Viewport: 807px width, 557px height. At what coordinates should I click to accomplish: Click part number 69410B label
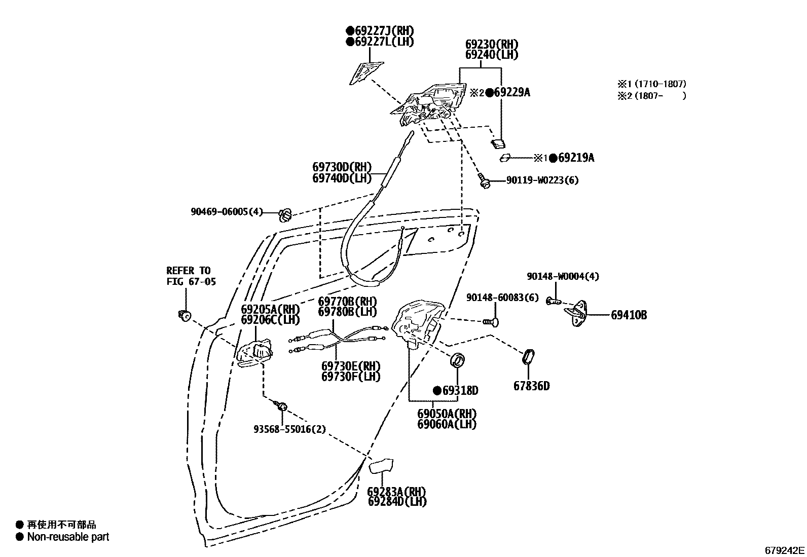[629, 315]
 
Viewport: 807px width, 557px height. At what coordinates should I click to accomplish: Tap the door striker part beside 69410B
[577, 311]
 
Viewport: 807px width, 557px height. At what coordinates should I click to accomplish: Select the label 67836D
[531, 386]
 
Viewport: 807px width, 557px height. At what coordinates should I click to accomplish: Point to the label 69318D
[460, 391]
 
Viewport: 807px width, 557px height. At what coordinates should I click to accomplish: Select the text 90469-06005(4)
[227, 212]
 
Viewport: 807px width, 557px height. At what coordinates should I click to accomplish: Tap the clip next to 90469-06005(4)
[285, 215]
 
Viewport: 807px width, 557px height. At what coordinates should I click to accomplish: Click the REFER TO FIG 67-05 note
[191, 276]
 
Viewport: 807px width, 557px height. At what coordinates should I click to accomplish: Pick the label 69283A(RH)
[396, 492]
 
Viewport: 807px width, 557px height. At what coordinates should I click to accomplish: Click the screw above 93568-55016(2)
[281, 406]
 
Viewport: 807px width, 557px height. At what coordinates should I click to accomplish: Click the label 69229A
[512, 92]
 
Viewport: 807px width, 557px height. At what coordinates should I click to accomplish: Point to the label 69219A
[576, 158]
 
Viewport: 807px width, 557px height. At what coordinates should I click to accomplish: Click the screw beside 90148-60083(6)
[490, 321]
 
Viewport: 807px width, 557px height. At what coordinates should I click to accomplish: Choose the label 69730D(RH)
[342, 167]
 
